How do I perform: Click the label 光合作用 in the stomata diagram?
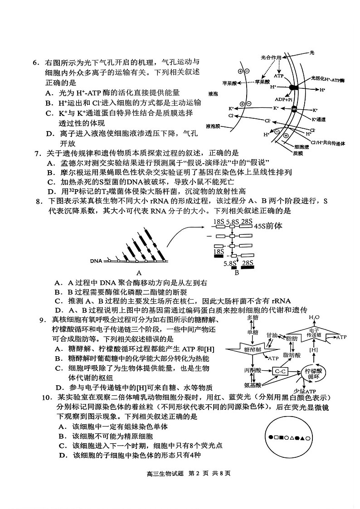click(x=271, y=58)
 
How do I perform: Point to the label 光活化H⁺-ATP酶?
click(x=328, y=79)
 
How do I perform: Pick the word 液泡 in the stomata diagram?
click(x=213, y=94)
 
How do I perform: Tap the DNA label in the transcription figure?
click(x=96, y=261)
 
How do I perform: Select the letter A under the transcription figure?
click(x=139, y=273)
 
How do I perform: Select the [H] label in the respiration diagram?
click(x=313, y=350)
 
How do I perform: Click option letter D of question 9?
click(x=58, y=387)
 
